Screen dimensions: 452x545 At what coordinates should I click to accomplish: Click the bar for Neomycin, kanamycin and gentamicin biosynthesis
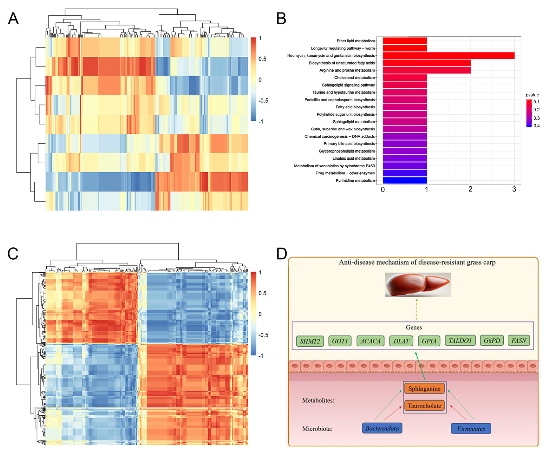click(x=449, y=56)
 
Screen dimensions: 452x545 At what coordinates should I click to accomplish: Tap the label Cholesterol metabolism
click(x=354, y=78)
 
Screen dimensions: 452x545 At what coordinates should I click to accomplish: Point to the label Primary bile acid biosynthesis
click(x=349, y=144)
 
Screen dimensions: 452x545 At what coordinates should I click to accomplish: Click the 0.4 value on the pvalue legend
click(x=536, y=126)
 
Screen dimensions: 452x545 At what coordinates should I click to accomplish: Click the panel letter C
click(x=13, y=254)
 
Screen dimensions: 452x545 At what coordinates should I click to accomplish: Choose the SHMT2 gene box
click(x=310, y=341)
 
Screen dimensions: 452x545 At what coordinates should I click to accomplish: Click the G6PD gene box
click(x=492, y=340)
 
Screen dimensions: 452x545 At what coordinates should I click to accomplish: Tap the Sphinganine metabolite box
click(x=424, y=388)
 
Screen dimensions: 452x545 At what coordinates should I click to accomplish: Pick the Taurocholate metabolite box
click(x=424, y=406)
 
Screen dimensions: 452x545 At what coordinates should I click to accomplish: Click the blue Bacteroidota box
click(x=382, y=428)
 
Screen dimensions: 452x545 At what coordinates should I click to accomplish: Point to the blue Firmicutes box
click(x=471, y=429)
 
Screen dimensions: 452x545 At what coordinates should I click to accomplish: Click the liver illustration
click(x=418, y=285)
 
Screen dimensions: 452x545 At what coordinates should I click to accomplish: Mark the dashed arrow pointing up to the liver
click(x=417, y=309)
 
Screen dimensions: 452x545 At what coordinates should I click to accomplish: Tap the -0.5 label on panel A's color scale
click(x=263, y=101)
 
